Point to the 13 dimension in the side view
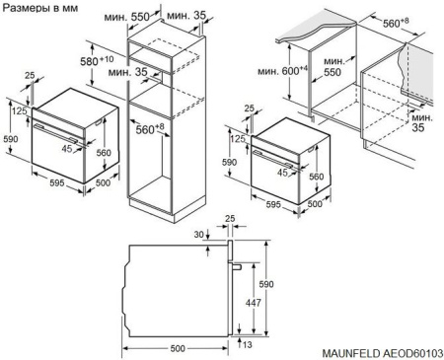[x=245, y=345]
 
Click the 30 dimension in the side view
[x=201, y=234]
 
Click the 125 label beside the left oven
[x=20, y=110]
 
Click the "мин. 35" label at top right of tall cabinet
[x=188, y=17]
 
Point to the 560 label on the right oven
[x=316, y=176]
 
